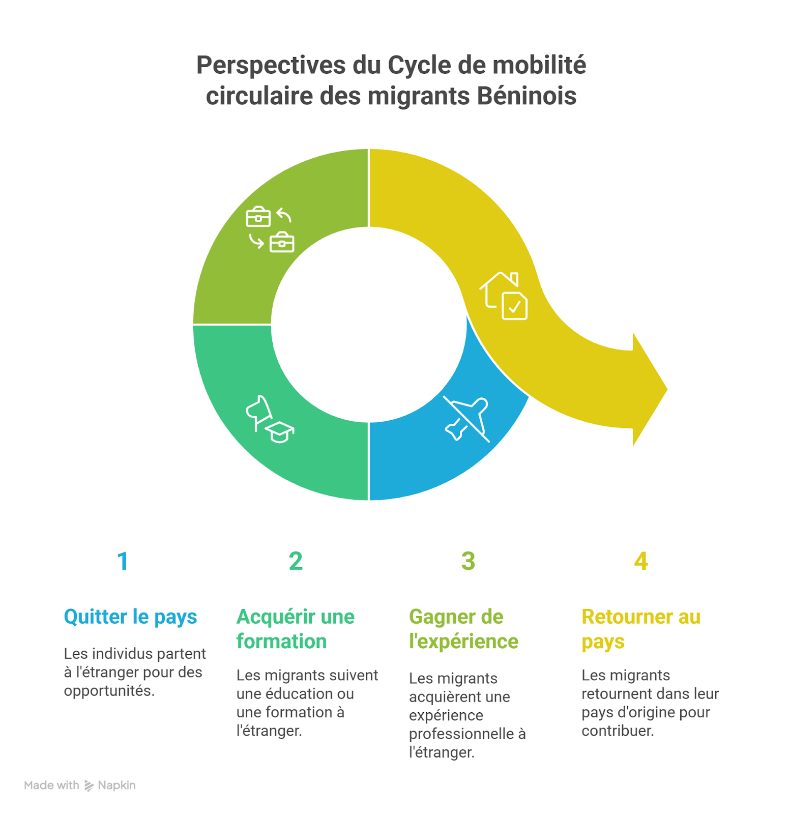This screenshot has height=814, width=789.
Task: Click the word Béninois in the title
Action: coord(527,96)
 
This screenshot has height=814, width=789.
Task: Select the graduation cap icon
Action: coord(280,432)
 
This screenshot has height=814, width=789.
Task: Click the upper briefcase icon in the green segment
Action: coord(258,217)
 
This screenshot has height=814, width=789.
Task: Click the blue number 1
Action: coord(123,561)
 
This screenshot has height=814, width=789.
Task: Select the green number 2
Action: coord(296,561)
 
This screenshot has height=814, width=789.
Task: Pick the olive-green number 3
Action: coord(468,561)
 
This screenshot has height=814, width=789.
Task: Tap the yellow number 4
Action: coord(640,561)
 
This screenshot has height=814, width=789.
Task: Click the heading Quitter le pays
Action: coord(130,617)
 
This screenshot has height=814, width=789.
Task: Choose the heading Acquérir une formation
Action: coord(295,629)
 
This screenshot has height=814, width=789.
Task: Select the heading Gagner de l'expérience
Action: coord(463,629)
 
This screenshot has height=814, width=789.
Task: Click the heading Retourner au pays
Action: coord(640,629)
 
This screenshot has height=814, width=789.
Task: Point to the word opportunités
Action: coord(109,691)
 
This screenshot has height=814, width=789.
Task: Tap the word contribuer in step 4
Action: coord(618,731)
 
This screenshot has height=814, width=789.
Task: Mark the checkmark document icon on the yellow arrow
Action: coord(514,306)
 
